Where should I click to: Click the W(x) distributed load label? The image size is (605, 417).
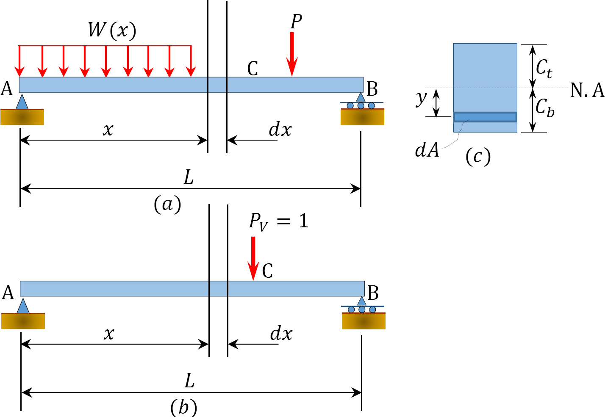click(112, 30)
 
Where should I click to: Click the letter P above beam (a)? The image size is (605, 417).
click(296, 21)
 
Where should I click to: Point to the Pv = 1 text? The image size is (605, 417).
click(278, 221)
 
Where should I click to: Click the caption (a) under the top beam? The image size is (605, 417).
click(167, 204)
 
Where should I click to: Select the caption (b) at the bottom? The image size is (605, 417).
click(183, 408)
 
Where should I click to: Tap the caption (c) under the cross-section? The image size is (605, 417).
click(478, 156)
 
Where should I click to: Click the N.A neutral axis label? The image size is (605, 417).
click(587, 90)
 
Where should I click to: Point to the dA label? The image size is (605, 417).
click(427, 150)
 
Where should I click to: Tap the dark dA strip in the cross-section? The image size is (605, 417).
click(485, 117)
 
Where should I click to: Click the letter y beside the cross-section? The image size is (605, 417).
click(421, 98)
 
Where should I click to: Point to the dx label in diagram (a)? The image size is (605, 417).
click(280, 130)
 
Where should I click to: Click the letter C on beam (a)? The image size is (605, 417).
click(253, 69)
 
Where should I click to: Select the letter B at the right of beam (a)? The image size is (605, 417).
click(372, 89)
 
